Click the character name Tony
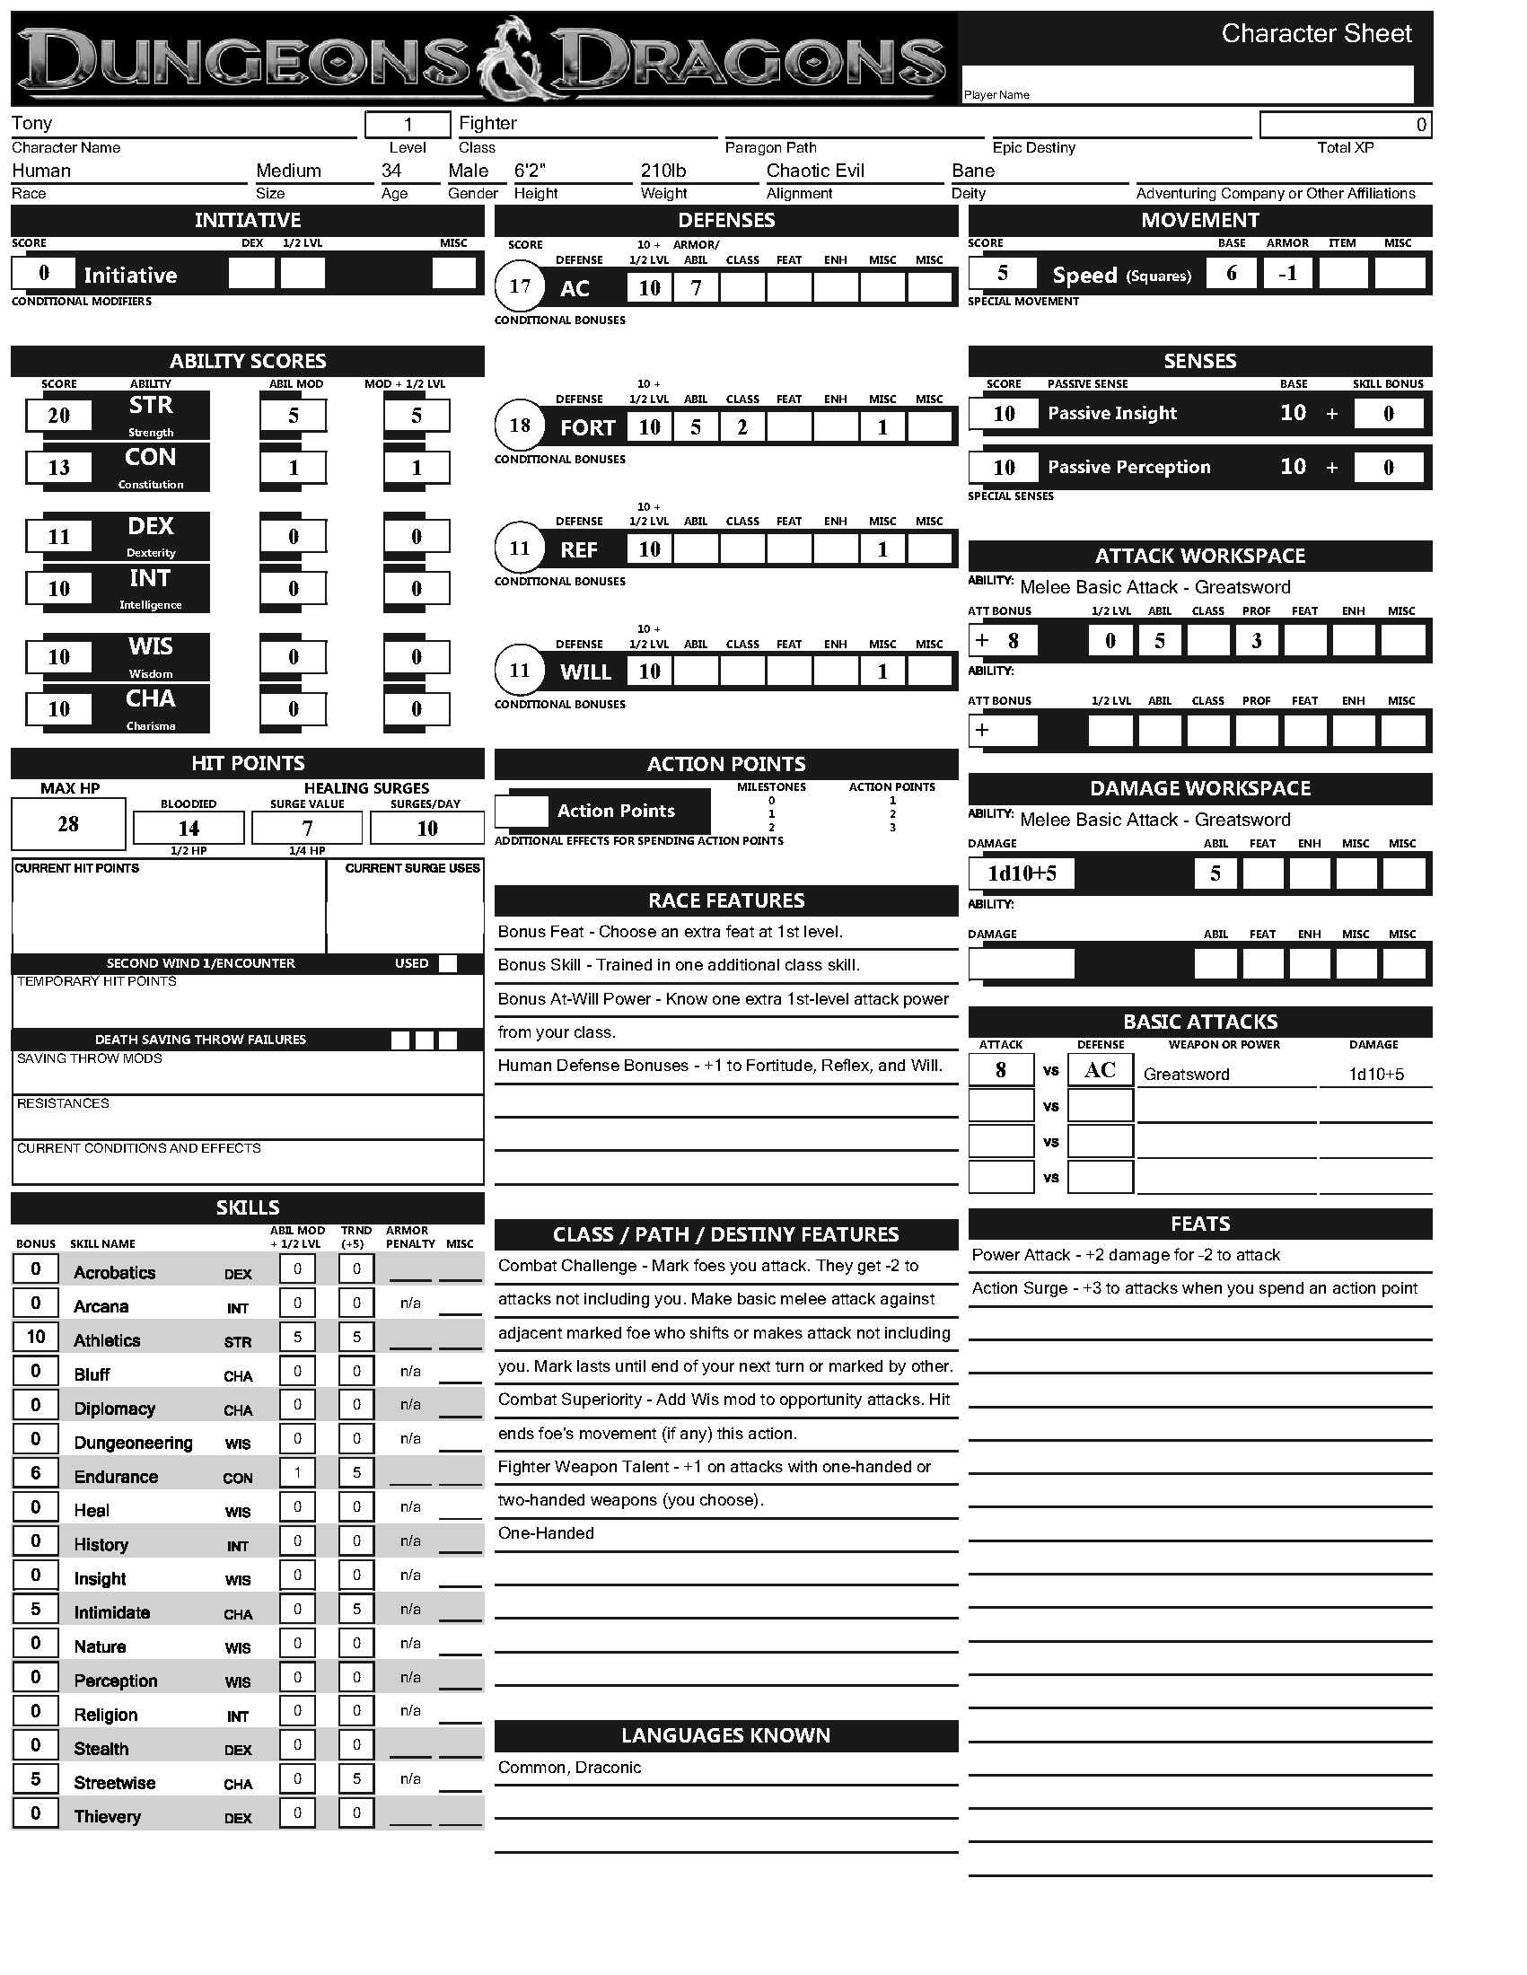(x=32, y=123)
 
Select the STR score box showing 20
(x=58, y=415)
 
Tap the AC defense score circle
(x=520, y=286)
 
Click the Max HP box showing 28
(x=69, y=824)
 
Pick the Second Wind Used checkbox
(x=448, y=963)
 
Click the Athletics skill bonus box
(x=36, y=1337)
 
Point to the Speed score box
(x=1002, y=273)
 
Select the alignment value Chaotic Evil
(x=815, y=171)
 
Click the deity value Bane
(x=973, y=171)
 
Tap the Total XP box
(x=1346, y=125)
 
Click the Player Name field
(x=1187, y=84)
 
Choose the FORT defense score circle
(x=520, y=426)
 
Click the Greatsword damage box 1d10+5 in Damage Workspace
(x=1022, y=873)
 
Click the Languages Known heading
(x=726, y=1735)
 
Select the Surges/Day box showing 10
(x=426, y=829)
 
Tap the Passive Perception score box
(x=1004, y=468)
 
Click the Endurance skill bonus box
(x=36, y=1472)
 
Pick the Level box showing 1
(x=408, y=124)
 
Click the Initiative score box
(x=43, y=273)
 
